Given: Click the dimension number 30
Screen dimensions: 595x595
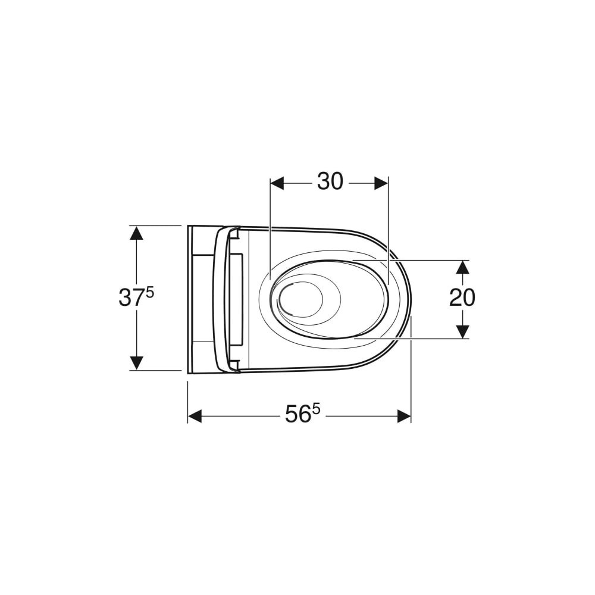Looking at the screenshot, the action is pyautogui.click(x=330, y=181).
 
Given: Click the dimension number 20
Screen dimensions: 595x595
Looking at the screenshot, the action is pyautogui.click(x=462, y=298).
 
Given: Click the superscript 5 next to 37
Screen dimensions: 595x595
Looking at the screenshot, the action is pyautogui.click(x=149, y=293).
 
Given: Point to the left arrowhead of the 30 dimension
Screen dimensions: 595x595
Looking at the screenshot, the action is pyautogui.click(x=277, y=183).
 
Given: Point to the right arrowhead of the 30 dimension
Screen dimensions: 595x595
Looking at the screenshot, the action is pyautogui.click(x=381, y=183).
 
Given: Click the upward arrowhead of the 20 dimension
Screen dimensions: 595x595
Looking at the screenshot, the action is pyautogui.click(x=462, y=268).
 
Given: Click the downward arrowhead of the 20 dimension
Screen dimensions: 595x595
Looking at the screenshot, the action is pyautogui.click(x=462, y=331).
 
